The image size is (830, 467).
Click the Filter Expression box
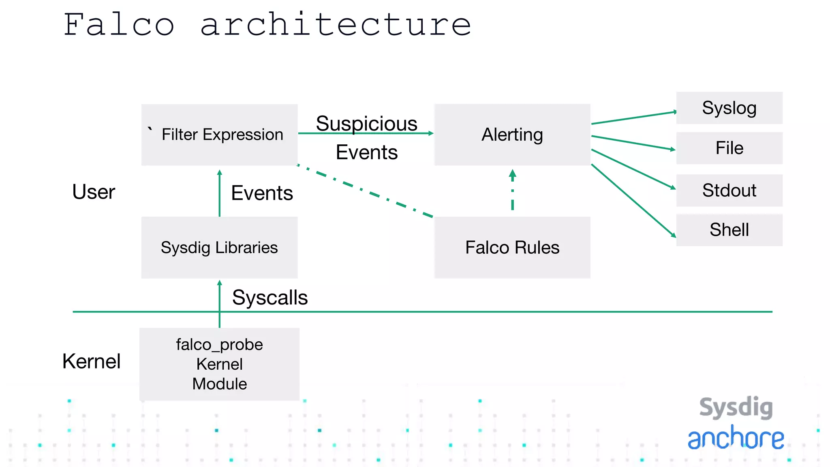pos(219,135)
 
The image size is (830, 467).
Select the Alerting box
pos(512,135)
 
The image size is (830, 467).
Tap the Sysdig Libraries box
pos(219,247)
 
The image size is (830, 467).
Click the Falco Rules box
pos(512,247)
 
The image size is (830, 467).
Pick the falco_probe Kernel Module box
pos(219,364)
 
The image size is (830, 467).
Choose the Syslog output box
pos(729,108)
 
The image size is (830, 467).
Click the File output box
pos(729,148)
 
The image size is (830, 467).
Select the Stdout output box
pos(729,190)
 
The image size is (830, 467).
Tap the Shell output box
pos(729,230)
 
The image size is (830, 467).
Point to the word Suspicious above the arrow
pos(366,123)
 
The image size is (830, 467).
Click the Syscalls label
pos(270,298)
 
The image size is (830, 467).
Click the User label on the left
pos(94,192)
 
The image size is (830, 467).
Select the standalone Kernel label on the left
pos(92,361)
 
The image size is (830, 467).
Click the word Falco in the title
pos(119,25)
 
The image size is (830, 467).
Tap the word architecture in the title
pos(336,25)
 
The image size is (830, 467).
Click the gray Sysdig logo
pos(736,407)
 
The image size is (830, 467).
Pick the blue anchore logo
pos(736,438)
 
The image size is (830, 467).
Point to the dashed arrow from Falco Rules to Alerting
pos(512,191)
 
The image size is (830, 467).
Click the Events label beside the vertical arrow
pos(262,193)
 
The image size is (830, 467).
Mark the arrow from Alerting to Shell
pos(633,201)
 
